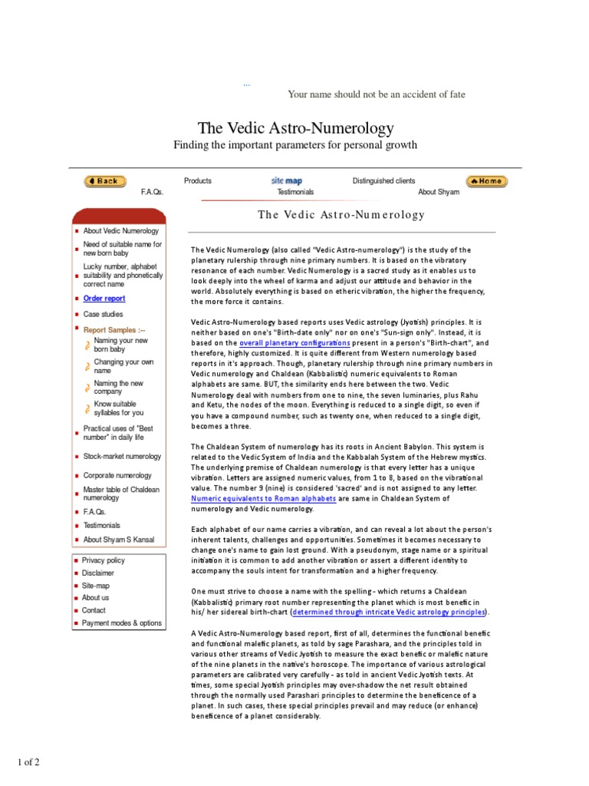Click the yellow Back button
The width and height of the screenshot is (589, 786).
pos(105,181)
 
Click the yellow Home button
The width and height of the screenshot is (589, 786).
pos(486,181)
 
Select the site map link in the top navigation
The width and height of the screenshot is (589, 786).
pos(286,181)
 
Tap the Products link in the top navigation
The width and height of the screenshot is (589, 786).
pos(198,181)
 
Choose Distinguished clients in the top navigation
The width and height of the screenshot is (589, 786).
pos(383,181)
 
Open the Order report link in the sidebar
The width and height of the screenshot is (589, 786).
pos(104,299)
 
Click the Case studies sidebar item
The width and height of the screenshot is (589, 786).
pos(103,315)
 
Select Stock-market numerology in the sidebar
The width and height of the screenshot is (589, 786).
pos(122,457)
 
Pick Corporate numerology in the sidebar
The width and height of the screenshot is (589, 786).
pos(117,476)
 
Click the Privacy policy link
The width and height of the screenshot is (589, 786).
pos(103,561)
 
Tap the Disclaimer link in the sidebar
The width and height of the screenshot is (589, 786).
pos(98,573)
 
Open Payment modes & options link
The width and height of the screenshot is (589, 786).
pos(122,623)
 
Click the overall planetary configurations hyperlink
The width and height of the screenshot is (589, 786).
pos(294,342)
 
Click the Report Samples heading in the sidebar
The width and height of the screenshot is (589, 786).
pos(114,330)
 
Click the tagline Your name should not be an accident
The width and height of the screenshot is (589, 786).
pos(376,94)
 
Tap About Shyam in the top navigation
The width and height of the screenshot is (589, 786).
pos(439,193)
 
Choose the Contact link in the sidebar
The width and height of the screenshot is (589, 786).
pos(95,611)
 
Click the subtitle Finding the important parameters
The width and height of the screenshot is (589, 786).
pos(295,145)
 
